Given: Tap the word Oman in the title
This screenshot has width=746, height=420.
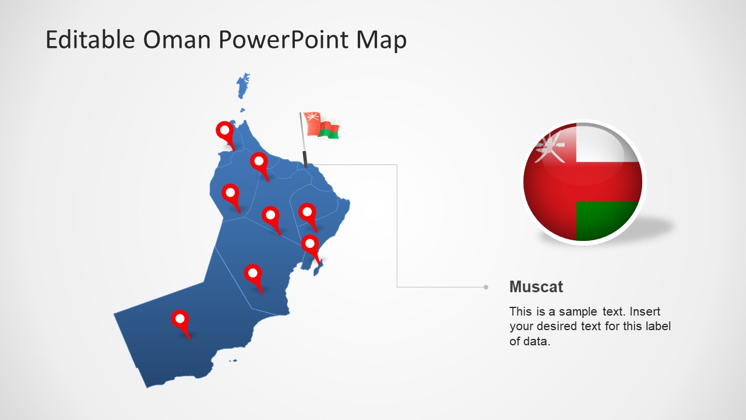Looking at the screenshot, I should coord(176,40).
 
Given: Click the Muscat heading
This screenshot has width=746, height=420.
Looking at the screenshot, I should coord(536,286).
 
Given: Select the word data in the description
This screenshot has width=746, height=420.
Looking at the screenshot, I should coord(536,341).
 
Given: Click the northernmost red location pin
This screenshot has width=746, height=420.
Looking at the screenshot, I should coord(224,131).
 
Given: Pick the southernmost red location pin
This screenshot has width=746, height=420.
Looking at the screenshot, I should coord(180,319).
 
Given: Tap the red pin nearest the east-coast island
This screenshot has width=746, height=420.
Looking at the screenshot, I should coord(310,244).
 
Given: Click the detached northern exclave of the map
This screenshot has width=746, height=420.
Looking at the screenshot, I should coord(242,87).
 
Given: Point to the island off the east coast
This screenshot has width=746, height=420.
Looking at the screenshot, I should coord(318,268).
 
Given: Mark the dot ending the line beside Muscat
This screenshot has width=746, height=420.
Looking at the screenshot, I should coord(485,287).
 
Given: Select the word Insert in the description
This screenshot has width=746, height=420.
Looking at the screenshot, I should coord(645,311).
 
